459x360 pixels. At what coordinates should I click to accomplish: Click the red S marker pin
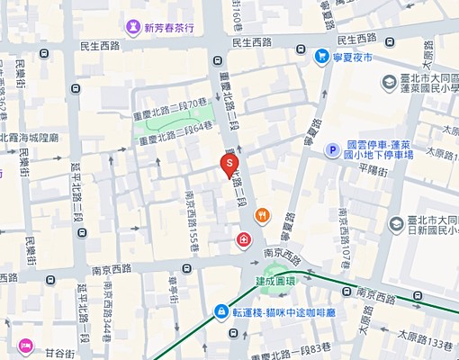pos(229,164)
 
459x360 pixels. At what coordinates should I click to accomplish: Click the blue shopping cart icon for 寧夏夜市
pos(321,56)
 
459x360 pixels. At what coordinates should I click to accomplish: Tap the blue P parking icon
pos(331,149)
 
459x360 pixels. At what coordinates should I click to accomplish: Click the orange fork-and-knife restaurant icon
pos(262,215)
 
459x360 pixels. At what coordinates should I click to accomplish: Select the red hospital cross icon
pos(243,239)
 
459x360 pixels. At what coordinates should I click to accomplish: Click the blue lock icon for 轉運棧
pos(221,311)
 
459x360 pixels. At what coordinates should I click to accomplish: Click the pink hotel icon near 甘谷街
pos(25,345)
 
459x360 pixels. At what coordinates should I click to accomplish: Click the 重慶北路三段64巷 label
pos(175,132)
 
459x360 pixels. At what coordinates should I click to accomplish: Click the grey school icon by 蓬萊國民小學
pos(388,82)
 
